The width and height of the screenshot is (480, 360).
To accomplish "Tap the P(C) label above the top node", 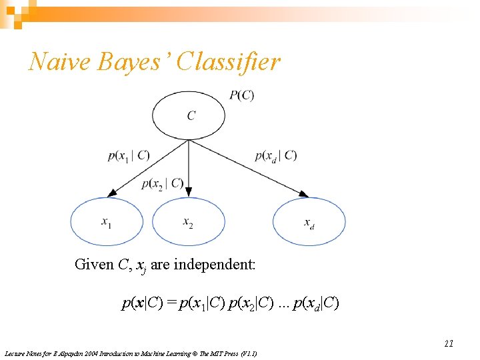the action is [x=241, y=95].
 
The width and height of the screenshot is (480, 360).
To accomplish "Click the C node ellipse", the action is [x=189, y=115].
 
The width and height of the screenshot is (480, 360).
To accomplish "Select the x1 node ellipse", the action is [x=107, y=221].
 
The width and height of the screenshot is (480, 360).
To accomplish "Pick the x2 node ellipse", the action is [x=189, y=221].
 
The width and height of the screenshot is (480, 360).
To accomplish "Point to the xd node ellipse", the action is [x=309, y=221].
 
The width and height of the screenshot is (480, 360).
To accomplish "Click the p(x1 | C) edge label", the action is [x=129, y=156].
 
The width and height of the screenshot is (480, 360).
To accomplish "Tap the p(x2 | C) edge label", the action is [x=163, y=184].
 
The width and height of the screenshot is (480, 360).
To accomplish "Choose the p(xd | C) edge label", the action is [x=276, y=156].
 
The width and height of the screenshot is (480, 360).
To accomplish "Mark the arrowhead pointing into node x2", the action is [x=189, y=193].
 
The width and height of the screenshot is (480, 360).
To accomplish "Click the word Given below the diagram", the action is [x=94, y=265].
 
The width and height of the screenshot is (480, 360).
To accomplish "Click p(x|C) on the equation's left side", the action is [x=143, y=304].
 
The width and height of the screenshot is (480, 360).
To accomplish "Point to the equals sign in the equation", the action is [x=172, y=304].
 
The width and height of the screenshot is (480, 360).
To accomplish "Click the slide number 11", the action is [x=449, y=343].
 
